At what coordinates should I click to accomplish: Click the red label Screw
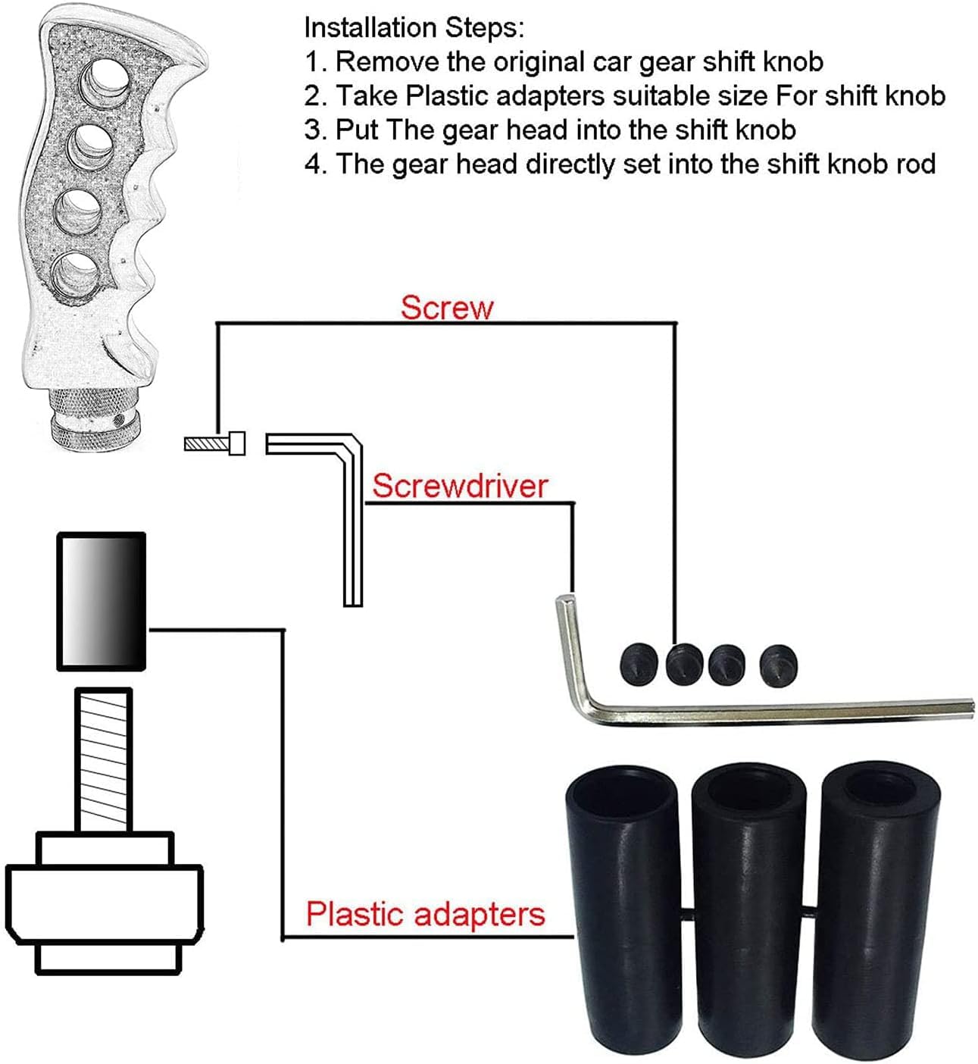pos(446,308)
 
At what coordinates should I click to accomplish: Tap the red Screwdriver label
pos(459,486)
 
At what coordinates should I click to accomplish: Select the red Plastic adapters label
pos(425,914)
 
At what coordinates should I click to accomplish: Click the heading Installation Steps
pos(413,28)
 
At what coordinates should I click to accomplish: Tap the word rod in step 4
pos(915,164)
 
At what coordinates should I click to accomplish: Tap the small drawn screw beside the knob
pos(215,443)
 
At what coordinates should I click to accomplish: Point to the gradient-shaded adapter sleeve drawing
pos(102,601)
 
